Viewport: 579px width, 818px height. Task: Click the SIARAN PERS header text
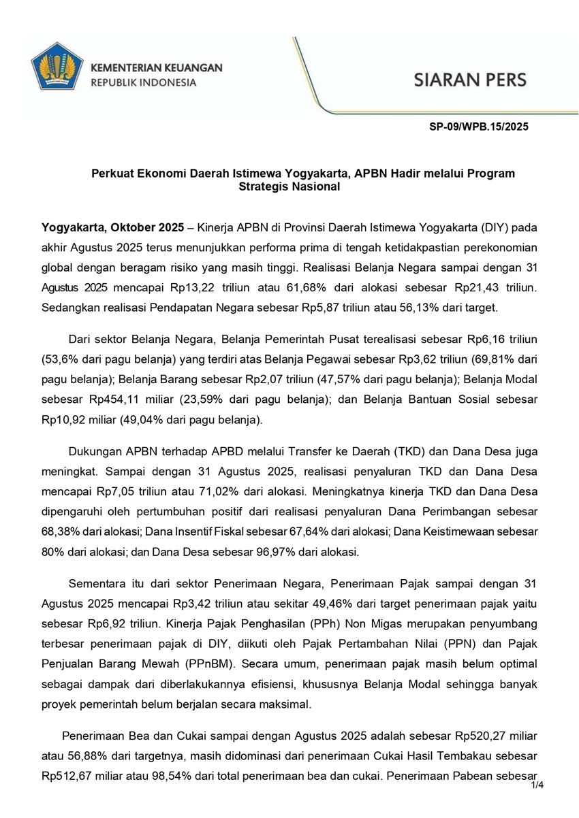click(470, 79)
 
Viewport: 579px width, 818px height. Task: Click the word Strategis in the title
click(266, 186)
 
